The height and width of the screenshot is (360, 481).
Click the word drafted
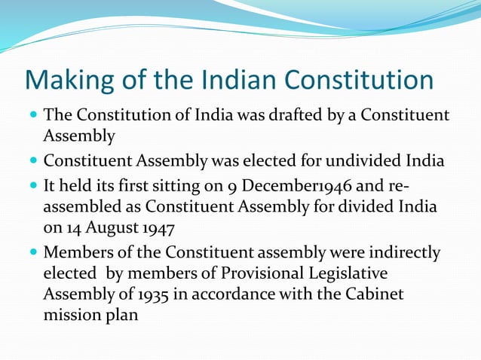tap(277, 115)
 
